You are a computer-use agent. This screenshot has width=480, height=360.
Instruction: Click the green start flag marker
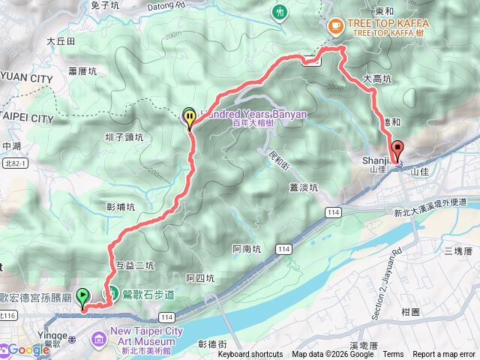click(x=83, y=297)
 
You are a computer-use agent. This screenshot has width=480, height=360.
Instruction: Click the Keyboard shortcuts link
click(x=250, y=355)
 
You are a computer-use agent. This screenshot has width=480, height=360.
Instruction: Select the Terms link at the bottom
click(x=393, y=355)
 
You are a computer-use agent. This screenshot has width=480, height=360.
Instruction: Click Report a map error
click(x=445, y=355)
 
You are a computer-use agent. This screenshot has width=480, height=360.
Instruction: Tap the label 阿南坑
click(x=247, y=248)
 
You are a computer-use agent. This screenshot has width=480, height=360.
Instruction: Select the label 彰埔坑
click(x=121, y=206)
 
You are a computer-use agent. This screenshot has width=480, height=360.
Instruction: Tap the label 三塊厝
click(x=462, y=250)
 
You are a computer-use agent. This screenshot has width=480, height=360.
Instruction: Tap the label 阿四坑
click(x=200, y=278)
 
